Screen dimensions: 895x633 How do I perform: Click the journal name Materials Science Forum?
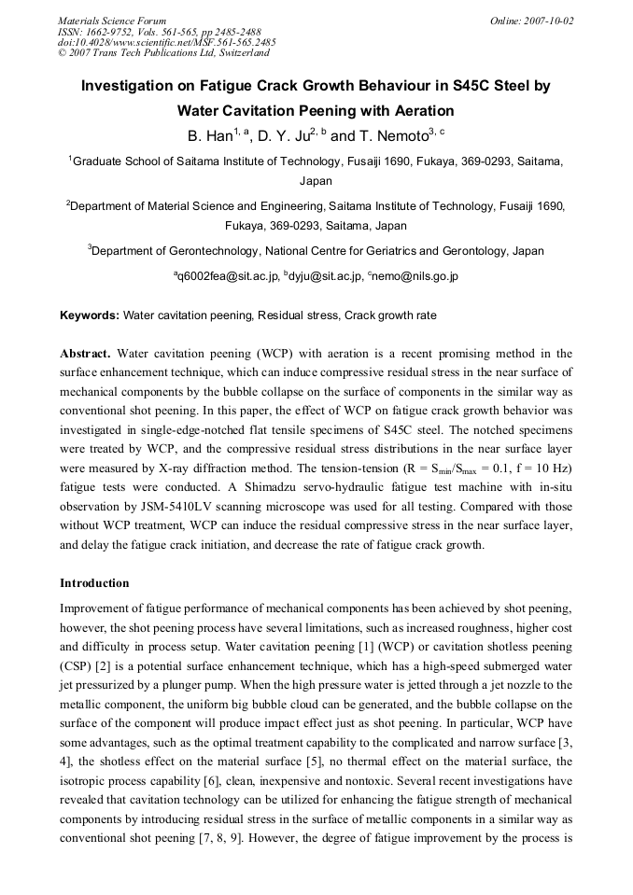112,20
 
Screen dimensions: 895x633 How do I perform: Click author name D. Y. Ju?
284,136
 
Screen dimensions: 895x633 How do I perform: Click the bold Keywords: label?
90,315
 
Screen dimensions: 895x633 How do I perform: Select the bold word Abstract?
85,355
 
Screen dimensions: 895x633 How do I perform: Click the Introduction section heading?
94,583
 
